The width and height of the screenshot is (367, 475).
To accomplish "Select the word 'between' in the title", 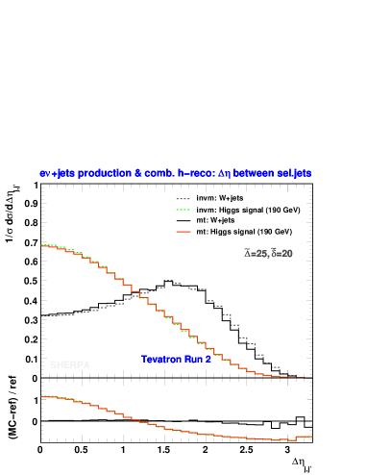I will click(x=250, y=174).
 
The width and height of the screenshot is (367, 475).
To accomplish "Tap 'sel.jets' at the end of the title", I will click(x=294, y=174).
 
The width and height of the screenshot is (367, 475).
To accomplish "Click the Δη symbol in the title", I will click(x=225, y=174).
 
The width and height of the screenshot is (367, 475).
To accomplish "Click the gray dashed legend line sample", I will click(x=183, y=199).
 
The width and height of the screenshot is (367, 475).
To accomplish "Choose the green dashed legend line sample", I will click(x=183, y=210).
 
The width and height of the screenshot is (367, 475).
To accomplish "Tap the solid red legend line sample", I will click(x=183, y=232).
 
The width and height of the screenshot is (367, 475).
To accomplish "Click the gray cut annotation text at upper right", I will click(x=268, y=254).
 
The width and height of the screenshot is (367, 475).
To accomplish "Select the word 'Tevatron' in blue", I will click(x=161, y=360).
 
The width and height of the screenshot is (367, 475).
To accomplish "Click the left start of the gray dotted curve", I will click(x=42, y=315).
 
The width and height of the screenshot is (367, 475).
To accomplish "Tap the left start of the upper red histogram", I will click(x=42, y=245).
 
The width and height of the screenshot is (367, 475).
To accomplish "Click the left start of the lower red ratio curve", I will click(x=42, y=395).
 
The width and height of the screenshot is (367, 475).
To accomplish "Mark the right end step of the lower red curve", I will click(x=305, y=437).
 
